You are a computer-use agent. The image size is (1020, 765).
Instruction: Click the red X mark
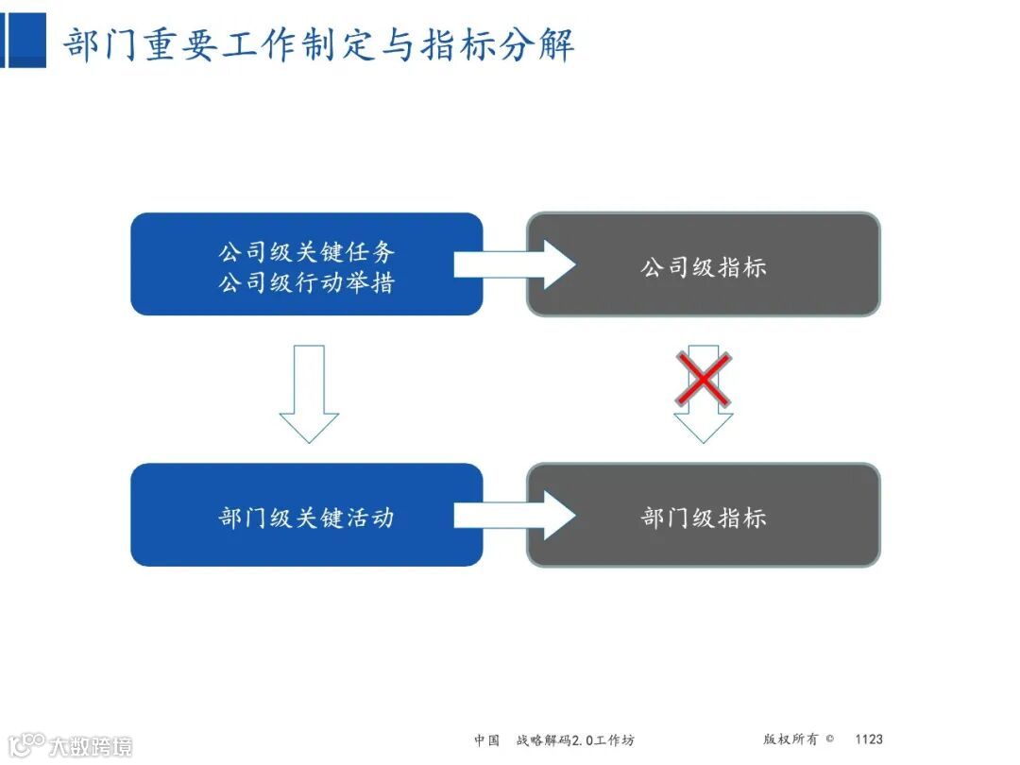[703, 380]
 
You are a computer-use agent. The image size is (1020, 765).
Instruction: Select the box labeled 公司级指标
[703, 264]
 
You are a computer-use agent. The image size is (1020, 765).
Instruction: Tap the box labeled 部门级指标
[703, 516]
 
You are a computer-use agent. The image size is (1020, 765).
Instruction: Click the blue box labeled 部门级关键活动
[306, 516]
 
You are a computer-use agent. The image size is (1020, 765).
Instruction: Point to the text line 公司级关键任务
[306, 252]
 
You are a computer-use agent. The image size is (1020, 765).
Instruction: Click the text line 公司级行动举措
[306, 282]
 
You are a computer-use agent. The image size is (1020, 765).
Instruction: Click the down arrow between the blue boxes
[309, 393]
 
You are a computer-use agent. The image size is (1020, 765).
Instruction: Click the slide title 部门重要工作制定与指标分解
[319, 44]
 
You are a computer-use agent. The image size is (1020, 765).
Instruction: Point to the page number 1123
[868, 739]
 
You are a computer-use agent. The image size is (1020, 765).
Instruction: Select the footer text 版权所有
[790, 739]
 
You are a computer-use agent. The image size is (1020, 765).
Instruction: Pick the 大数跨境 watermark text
[91, 746]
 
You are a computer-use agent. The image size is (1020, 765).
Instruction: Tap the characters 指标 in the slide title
[453, 44]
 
